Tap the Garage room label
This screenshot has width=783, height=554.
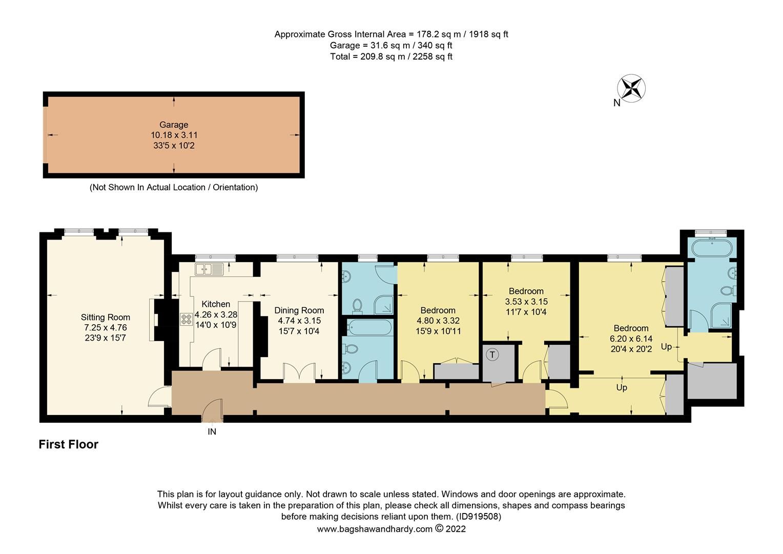coord(174,125)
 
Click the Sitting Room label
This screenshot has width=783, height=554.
coord(105,318)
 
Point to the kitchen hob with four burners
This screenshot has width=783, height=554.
coord(184,319)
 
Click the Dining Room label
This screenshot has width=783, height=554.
coord(299,310)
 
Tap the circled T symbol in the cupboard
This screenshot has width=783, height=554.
coord(492,354)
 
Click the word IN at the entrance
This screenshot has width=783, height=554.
coord(212,432)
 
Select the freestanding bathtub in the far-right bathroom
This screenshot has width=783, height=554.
coord(712,249)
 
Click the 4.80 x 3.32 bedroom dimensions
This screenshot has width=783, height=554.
coord(438,321)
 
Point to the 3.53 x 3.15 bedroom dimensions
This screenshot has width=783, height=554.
coord(526,302)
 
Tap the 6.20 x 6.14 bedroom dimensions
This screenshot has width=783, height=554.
coord(631,339)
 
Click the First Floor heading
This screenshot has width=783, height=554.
coord(68,444)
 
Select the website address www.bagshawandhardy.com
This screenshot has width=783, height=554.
coord(375,529)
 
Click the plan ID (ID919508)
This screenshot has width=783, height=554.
coord(478,517)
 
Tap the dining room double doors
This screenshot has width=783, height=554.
coord(299,371)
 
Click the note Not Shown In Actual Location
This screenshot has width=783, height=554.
coord(174,187)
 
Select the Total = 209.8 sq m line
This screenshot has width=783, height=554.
coord(391,56)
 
